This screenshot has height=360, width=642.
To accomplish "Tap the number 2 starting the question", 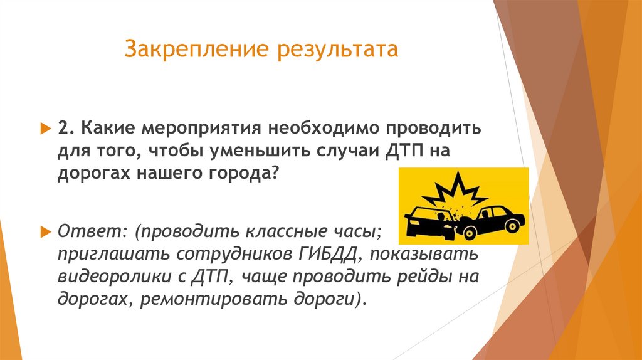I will (x=63, y=129).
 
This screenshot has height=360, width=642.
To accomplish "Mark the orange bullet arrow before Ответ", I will (x=45, y=231).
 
